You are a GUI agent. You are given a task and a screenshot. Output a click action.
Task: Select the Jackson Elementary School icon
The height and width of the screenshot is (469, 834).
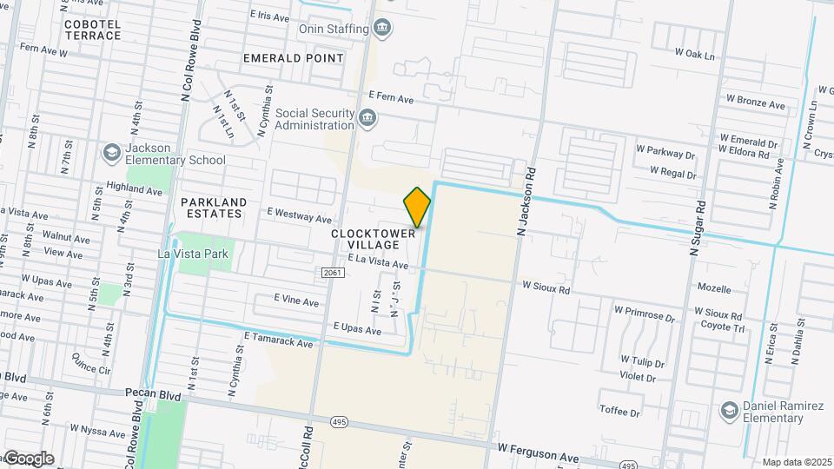[x=110, y=154]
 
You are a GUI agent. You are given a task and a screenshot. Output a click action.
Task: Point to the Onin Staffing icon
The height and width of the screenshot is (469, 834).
[x=381, y=29]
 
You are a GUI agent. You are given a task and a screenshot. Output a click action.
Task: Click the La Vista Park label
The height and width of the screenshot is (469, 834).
[x=192, y=254]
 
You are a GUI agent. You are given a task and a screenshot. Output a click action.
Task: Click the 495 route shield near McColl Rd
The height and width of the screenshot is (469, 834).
[x=340, y=421]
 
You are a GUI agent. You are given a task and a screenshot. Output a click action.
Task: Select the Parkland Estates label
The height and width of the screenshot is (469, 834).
[x=214, y=208]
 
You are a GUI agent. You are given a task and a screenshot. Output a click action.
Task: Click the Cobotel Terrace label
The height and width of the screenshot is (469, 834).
[x=93, y=30]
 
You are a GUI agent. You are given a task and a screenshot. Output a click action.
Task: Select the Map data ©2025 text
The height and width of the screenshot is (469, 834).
[x=796, y=462]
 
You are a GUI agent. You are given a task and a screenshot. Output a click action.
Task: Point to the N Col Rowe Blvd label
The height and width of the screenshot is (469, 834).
[x=185, y=65]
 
